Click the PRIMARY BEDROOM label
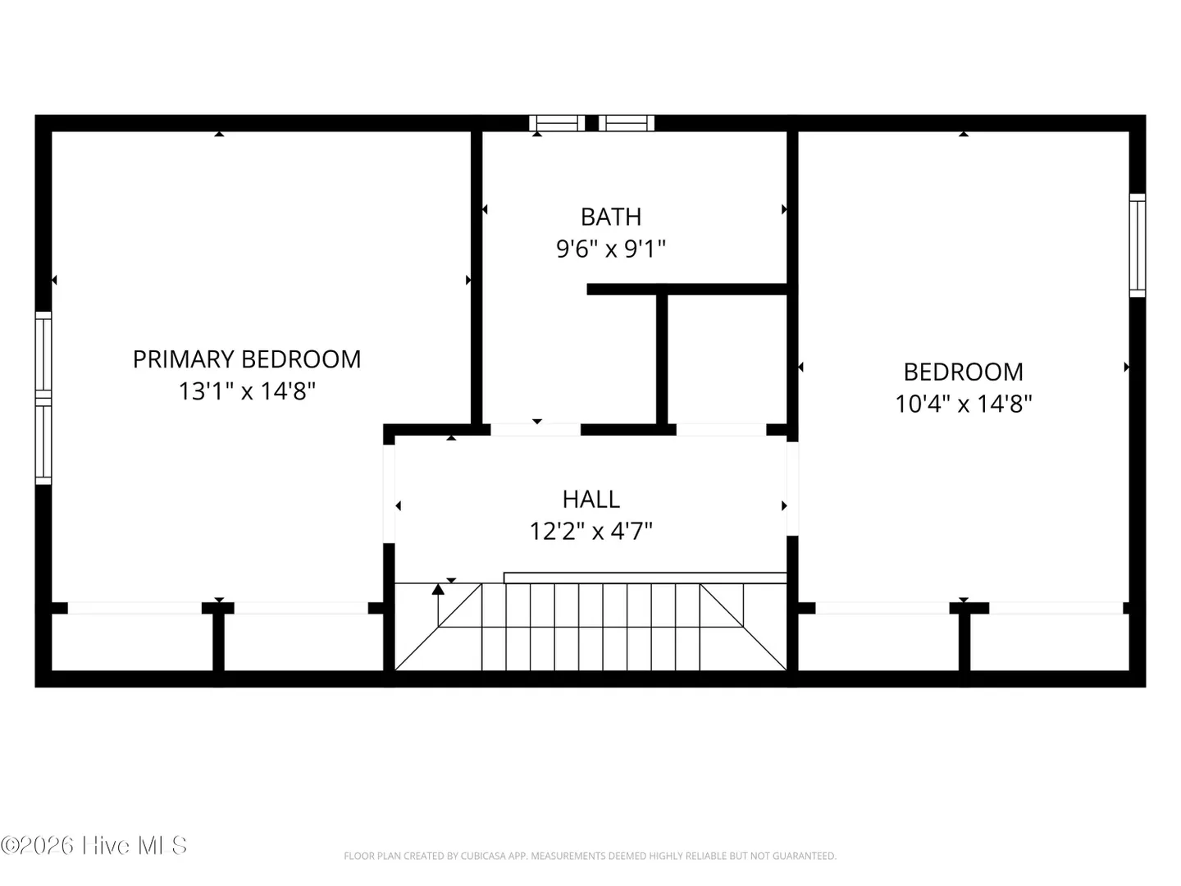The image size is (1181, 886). (x=246, y=359)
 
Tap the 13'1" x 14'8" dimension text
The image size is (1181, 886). (x=246, y=391)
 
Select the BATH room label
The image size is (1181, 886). (x=611, y=217)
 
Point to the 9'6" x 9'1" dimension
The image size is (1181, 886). (x=611, y=249)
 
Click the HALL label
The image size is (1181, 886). (x=590, y=500)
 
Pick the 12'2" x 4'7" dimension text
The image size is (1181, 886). (x=590, y=532)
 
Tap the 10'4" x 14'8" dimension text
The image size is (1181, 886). (x=963, y=404)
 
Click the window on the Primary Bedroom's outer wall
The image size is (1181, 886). (x=43, y=398)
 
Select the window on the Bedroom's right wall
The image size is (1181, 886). (x=1137, y=245)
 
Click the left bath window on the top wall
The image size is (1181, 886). (x=557, y=123)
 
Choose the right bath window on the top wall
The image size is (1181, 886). (x=627, y=123)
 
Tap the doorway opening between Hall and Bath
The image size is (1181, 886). (x=536, y=430)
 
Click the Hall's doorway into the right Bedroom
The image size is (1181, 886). (x=792, y=488)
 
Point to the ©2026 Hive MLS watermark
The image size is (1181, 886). (x=93, y=846)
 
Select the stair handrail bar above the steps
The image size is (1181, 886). (x=645, y=578)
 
